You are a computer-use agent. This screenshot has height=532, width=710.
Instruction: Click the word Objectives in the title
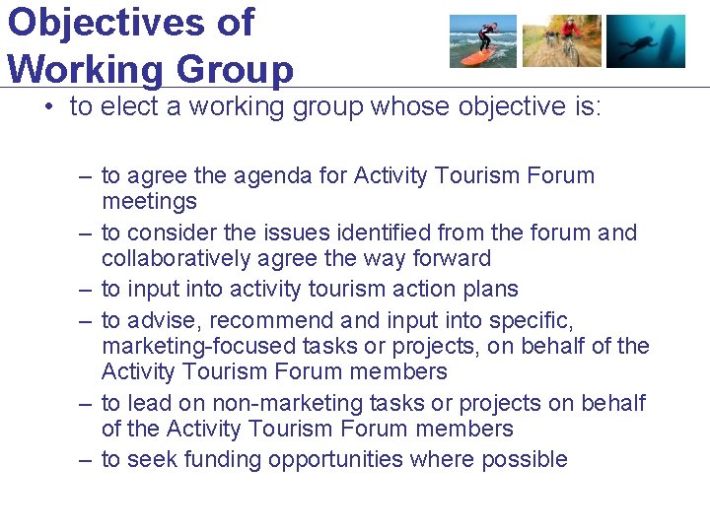[131, 22]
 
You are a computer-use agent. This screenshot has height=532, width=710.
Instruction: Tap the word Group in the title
[235, 70]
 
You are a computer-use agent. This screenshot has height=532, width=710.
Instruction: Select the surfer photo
[482, 41]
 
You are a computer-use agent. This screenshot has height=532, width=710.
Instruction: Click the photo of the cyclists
[561, 41]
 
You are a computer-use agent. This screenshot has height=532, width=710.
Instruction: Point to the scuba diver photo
[645, 41]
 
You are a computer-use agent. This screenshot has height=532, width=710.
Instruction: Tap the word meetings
[149, 202]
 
